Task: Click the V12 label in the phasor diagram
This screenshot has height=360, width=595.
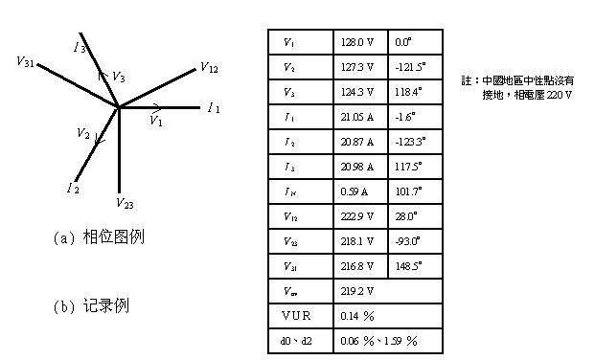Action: click(209, 68)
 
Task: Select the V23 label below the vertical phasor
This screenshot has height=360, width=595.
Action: click(125, 203)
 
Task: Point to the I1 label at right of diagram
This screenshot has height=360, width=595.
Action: click(214, 107)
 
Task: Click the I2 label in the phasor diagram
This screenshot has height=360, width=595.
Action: click(73, 188)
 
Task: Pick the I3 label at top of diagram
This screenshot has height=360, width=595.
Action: click(80, 46)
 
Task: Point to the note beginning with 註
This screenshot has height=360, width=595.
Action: click(517, 89)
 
